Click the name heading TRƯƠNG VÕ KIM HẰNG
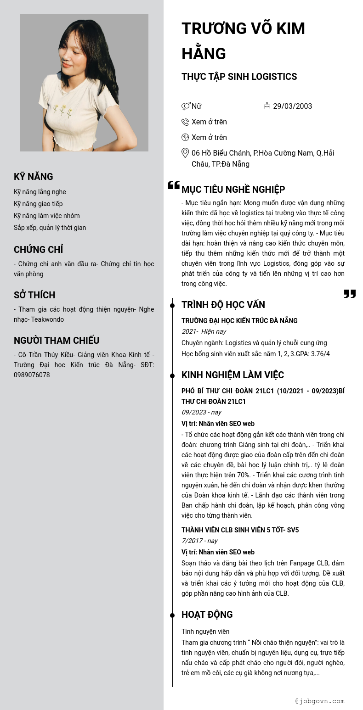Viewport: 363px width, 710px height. point(243,41)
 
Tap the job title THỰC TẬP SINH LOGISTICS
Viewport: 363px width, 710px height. point(239,77)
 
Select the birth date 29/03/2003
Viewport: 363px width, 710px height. point(292,106)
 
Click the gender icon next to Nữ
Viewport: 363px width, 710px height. point(186,106)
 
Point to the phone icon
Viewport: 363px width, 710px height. point(185,122)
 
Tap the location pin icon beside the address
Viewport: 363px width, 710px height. point(185,153)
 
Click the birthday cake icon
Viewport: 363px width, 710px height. point(267,106)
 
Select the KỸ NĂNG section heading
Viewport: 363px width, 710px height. point(33,177)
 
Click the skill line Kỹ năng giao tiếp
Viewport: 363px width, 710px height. point(38,204)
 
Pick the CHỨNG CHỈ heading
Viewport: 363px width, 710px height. point(38,250)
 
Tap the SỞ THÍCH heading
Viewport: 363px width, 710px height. point(34,295)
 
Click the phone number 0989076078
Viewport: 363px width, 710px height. point(32,375)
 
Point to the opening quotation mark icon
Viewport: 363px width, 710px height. point(174,185)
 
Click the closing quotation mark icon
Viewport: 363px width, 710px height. point(350,294)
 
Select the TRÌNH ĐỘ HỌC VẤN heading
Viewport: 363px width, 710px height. point(223,305)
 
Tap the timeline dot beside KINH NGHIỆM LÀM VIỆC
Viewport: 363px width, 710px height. point(172,376)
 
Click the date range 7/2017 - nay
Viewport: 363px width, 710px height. point(199,541)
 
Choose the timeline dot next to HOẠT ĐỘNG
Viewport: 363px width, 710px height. point(172,615)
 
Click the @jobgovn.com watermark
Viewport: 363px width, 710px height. point(320,701)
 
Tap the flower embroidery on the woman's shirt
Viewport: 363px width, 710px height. point(62,110)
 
